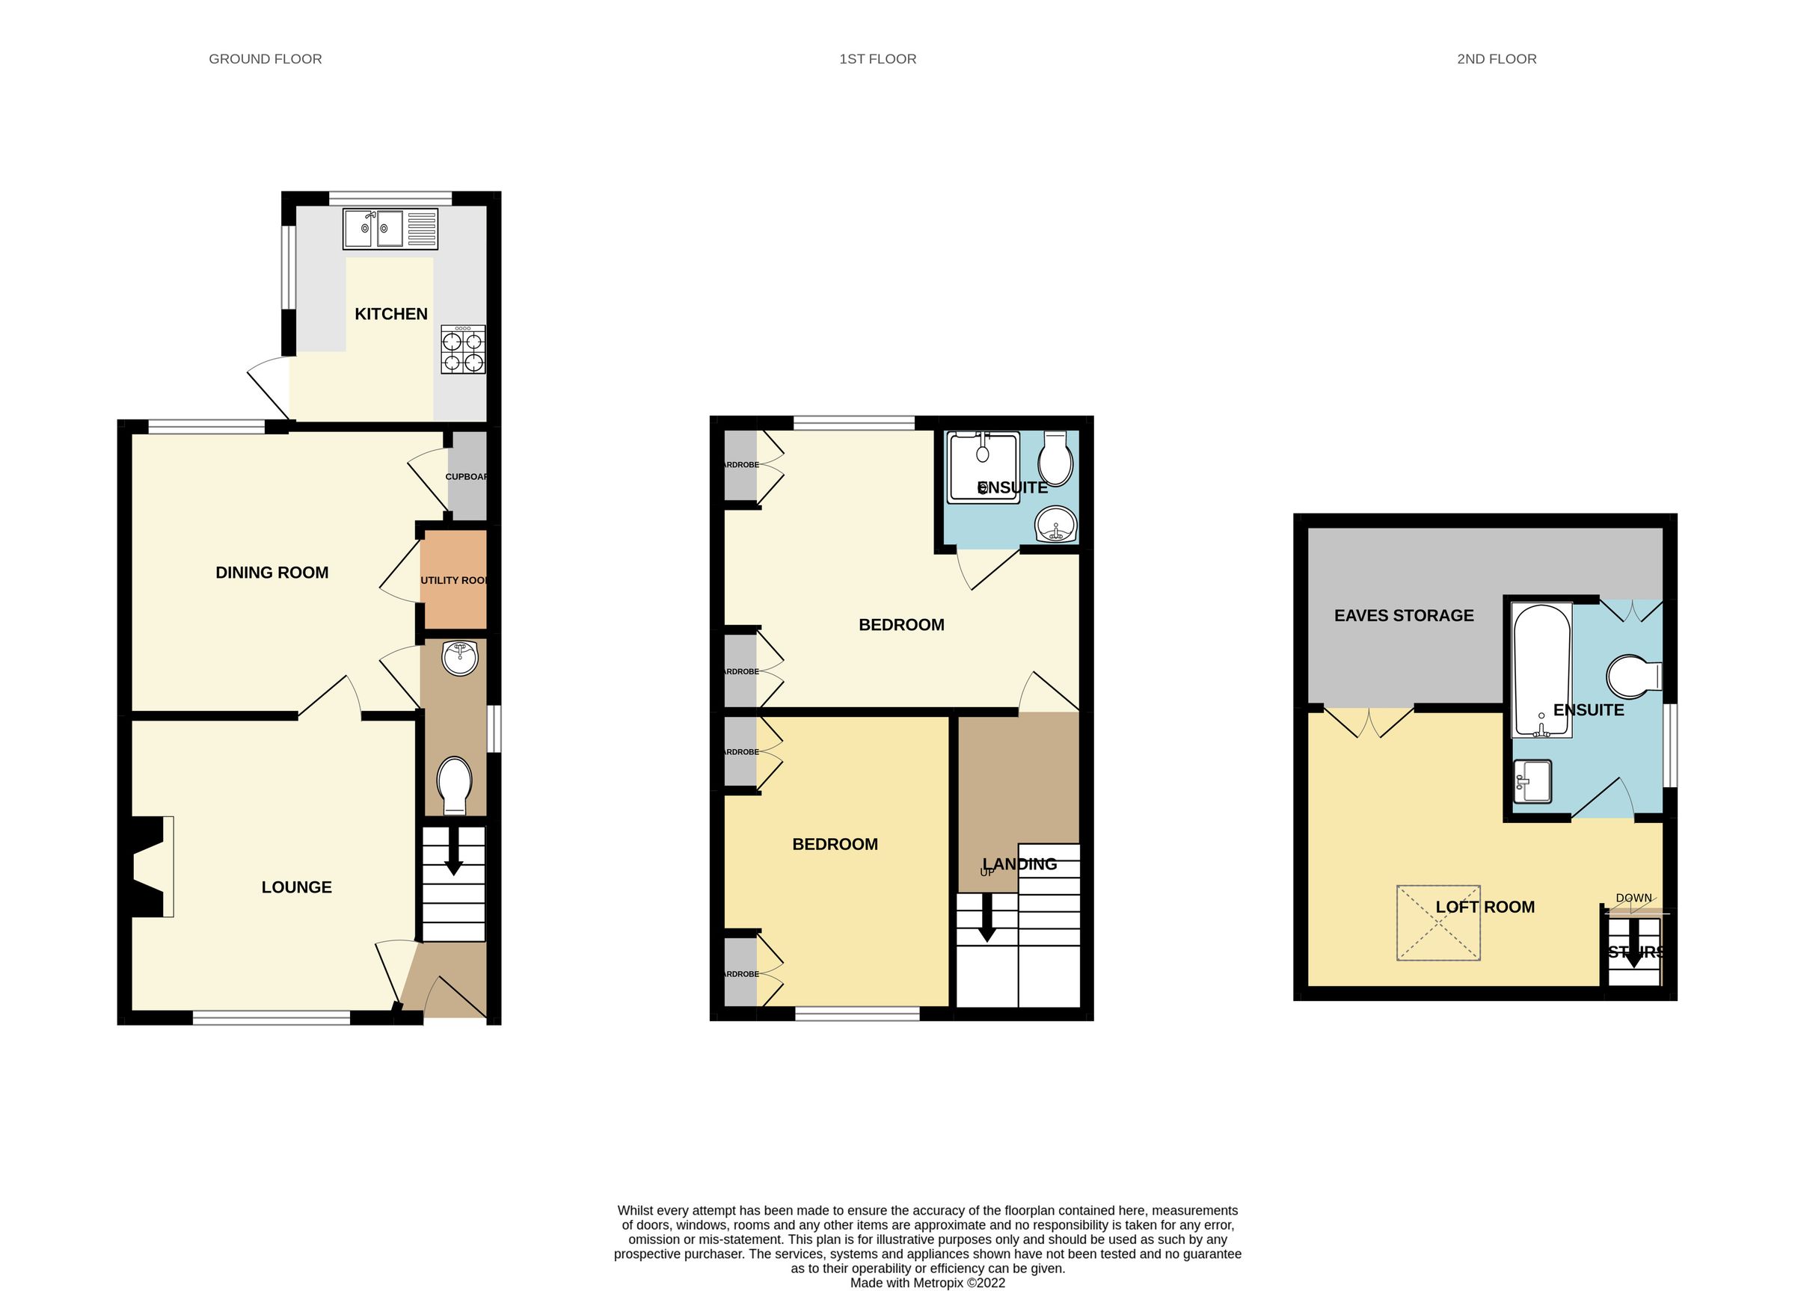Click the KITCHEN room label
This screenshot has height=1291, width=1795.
pyautogui.click(x=391, y=314)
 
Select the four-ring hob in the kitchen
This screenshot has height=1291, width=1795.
pyautogui.click(x=463, y=351)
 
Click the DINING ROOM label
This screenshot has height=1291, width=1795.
pyautogui.click(x=271, y=573)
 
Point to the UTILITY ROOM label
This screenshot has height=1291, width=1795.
pyautogui.click(x=453, y=581)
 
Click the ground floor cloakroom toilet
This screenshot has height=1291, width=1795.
pyautogui.click(x=454, y=785)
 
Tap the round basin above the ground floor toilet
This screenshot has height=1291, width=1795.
pyautogui.click(x=460, y=658)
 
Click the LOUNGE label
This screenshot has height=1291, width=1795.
pyautogui.click(x=297, y=887)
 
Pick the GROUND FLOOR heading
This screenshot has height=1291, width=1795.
pyautogui.click(x=265, y=59)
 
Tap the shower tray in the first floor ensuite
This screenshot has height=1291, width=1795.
pyautogui.click(x=983, y=466)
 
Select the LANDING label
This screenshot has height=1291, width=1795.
pyautogui.click(x=1019, y=865)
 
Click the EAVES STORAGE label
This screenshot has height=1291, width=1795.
pyautogui.click(x=1404, y=615)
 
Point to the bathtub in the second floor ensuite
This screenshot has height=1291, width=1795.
pyautogui.click(x=1541, y=671)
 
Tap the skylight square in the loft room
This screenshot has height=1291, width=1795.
pyautogui.click(x=1438, y=922)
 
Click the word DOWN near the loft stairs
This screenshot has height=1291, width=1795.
pyautogui.click(x=1633, y=898)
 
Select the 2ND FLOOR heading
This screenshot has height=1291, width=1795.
pyautogui.click(x=1497, y=59)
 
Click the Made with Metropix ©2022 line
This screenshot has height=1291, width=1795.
pyautogui.click(x=927, y=1283)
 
